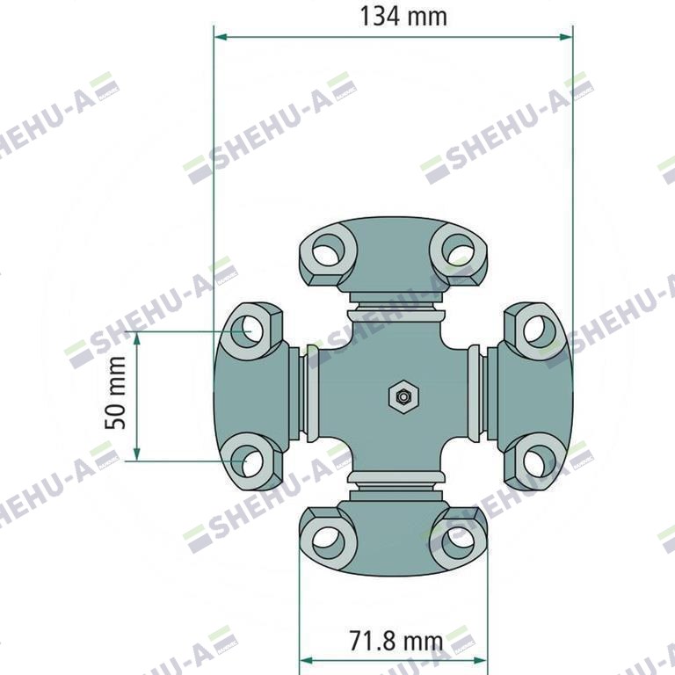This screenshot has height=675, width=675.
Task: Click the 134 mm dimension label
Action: (403, 17)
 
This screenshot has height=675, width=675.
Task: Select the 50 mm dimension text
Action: (115, 393)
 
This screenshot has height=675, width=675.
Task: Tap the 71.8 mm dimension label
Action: (396, 641)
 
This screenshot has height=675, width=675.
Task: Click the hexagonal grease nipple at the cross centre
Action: (403, 396)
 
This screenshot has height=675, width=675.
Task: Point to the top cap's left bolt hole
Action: (329, 250)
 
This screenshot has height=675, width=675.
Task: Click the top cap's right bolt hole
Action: (458, 250)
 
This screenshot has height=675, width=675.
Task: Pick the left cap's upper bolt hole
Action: (247, 331)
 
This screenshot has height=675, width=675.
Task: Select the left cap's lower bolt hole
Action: (247, 461)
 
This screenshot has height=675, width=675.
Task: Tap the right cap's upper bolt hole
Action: (540, 331)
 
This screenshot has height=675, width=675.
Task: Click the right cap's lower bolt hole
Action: (540, 461)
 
